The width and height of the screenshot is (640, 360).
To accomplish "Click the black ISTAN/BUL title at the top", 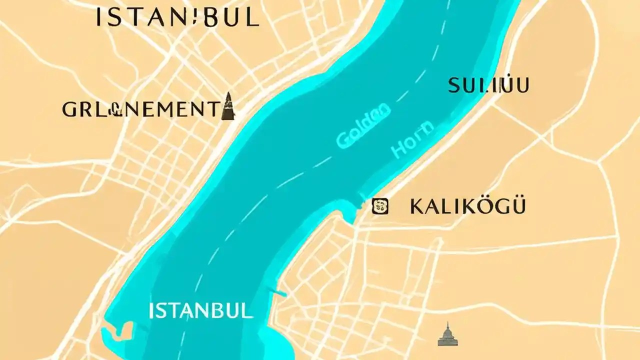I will coord(177,17).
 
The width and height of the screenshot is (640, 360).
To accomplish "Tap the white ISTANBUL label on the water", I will coord(200,311).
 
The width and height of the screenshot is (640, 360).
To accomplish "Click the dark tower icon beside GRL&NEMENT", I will coord(228,106).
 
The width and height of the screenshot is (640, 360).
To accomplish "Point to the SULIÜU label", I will coord(488,85).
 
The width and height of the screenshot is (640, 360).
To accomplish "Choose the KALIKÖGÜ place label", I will coord(467,206).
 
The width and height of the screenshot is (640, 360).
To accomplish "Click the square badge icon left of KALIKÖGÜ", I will coord(380,206).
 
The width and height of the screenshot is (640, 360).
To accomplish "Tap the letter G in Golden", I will coord(344,139).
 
